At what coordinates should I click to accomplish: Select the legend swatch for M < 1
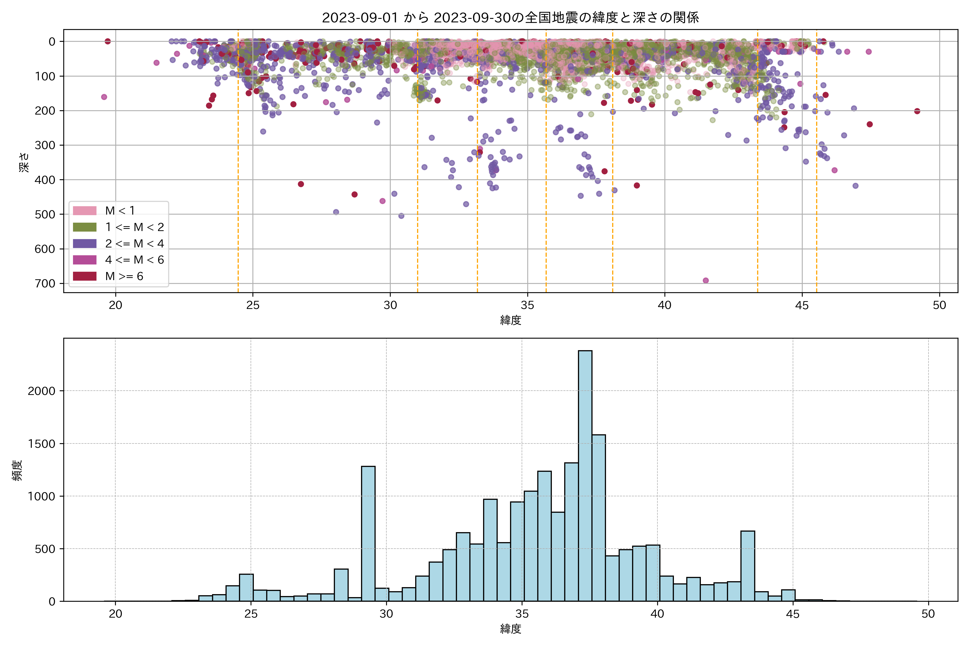pyautogui.click(x=85, y=211)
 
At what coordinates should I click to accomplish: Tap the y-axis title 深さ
pyautogui.click(x=24, y=162)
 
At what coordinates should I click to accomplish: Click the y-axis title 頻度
pyautogui.click(x=17, y=470)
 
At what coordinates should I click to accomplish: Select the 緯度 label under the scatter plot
pyautogui.click(x=511, y=320)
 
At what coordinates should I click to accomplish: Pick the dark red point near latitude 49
pyautogui.click(x=917, y=111)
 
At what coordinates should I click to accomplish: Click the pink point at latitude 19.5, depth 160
pyautogui.click(x=104, y=97)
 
